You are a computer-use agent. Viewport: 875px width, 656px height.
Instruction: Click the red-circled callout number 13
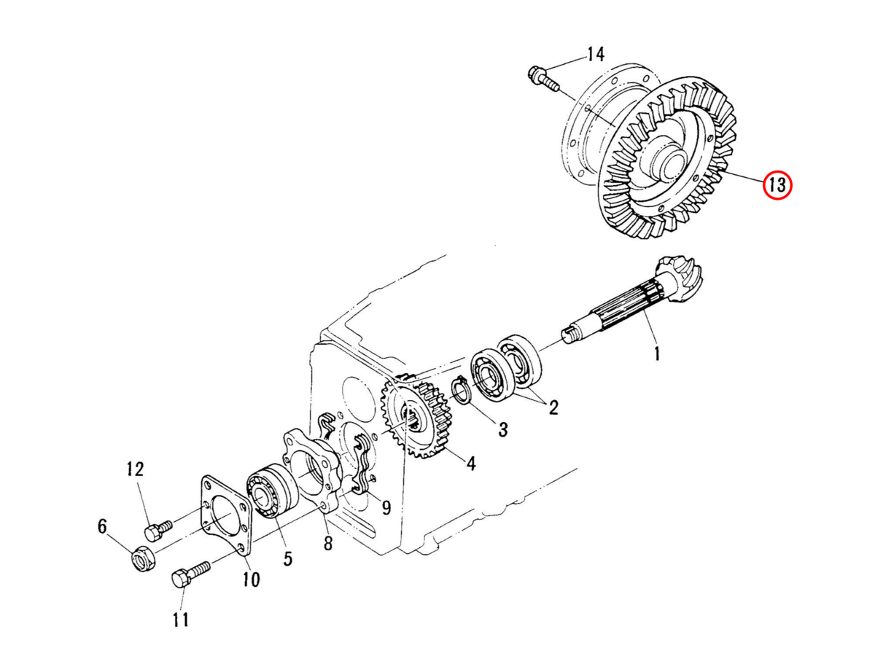tap(777, 185)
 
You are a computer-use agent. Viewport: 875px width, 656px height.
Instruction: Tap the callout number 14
tap(596, 54)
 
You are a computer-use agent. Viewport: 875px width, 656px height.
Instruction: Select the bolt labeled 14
tap(544, 80)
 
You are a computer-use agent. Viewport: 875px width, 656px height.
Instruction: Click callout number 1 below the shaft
tap(657, 354)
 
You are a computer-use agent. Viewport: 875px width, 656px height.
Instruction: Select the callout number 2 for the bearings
tap(553, 407)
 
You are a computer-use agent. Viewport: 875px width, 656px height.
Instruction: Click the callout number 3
tap(503, 429)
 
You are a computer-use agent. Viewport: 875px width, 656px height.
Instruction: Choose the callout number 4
tap(471, 464)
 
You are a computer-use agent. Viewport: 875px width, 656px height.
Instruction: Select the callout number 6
tap(103, 526)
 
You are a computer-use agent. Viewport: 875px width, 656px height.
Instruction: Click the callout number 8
tap(327, 543)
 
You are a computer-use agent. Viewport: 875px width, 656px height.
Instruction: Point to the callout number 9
tap(386, 508)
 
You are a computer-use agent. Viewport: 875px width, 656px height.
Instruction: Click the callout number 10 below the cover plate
tap(252, 579)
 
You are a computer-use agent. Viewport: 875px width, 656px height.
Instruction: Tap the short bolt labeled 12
tap(157, 530)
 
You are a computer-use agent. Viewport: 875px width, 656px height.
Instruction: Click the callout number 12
tap(135, 469)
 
